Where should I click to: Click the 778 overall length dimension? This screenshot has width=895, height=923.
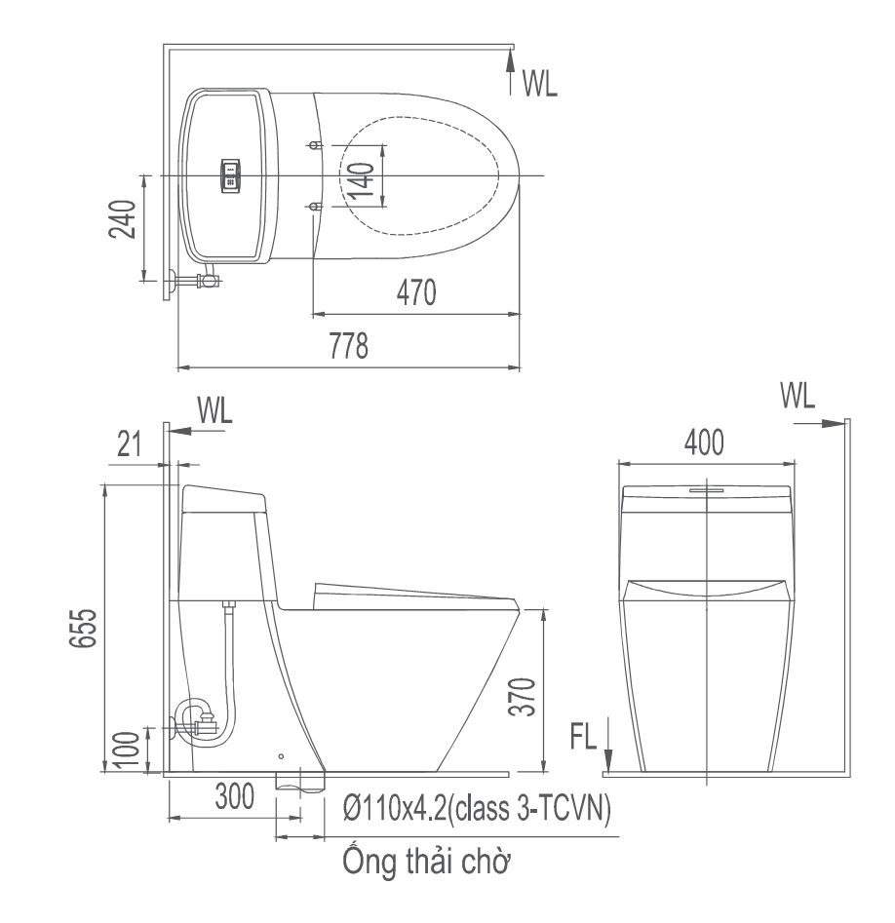pyautogui.click(x=349, y=346)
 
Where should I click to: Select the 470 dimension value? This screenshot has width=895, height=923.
pyautogui.click(x=416, y=292)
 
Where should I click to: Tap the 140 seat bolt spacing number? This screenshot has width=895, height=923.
pyautogui.click(x=361, y=180)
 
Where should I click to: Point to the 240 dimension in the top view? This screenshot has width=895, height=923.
pyautogui.click(x=123, y=219)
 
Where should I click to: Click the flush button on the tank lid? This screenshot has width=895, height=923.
pyautogui.click(x=230, y=174)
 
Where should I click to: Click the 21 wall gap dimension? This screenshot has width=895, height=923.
pyautogui.click(x=129, y=444)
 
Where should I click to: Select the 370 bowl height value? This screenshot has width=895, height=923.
pyautogui.click(x=523, y=696)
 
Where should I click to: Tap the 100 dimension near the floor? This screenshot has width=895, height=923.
pyautogui.click(x=127, y=750)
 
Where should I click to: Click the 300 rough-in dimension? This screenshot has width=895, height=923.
pyautogui.click(x=234, y=796)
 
